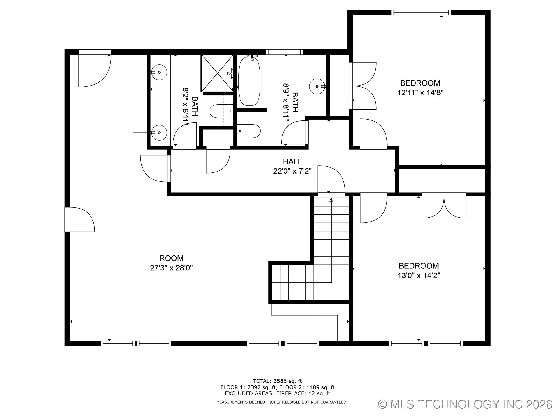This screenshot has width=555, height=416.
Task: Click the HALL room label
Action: pyautogui.click(x=292, y=161)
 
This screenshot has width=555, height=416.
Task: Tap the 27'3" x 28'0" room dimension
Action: pyautogui.click(x=171, y=268)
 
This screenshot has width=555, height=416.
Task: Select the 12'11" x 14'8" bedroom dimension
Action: pyautogui.click(x=420, y=93)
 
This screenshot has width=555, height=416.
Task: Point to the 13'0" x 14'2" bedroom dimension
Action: pyautogui.click(x=419, y=276)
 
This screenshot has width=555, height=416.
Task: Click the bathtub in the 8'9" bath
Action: pyautogui.click(x=249, y=81)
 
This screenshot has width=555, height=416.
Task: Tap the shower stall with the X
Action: pyautogui.click(x=217, y=73)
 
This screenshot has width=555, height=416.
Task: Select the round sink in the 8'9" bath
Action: pyautogui.click(x=317, y=86)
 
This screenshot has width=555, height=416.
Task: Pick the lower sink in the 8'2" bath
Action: pyautogui.click(x=159, y=133)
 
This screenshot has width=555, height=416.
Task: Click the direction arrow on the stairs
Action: pyautogui.click(x=331, y=200)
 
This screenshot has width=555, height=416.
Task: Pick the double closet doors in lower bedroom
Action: pyautogui.click(x=444, y=207)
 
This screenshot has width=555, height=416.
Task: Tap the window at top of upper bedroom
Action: pyautogui.click(x=421, y=12)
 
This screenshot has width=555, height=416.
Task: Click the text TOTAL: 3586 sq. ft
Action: pyautogui.click(x=277, y=381)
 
